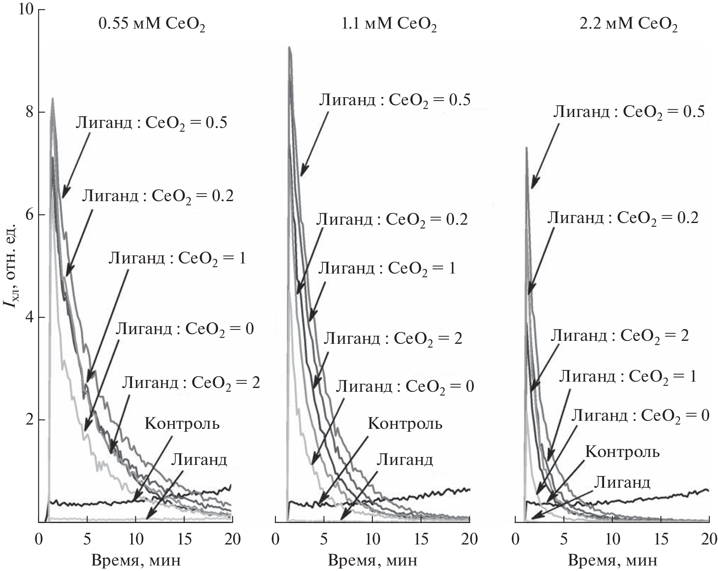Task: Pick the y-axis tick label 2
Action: [29, 420]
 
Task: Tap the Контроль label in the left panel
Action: [182, 423]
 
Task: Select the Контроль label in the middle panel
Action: [405, 423]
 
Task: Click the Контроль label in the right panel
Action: [623, 452]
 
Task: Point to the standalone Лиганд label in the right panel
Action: [622, 482]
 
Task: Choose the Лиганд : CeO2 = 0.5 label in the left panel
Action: [151, 123]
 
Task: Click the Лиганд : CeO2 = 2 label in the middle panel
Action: [393, 339]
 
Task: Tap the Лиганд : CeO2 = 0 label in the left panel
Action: [185, 329]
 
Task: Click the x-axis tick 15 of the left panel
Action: [184, 539]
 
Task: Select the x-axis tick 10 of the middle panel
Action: [372, 539]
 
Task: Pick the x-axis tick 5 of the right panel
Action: [564, 539]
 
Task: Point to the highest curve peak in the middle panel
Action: [289, 47]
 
